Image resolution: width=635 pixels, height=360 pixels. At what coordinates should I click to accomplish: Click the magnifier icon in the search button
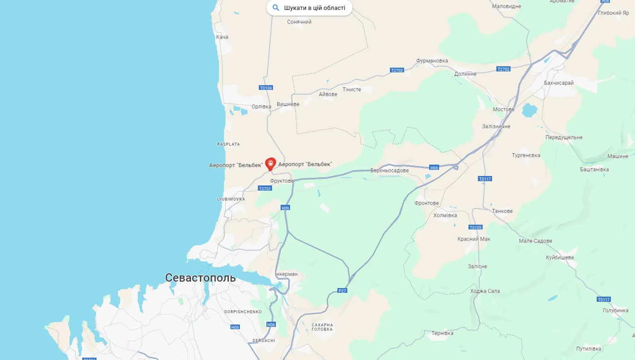click(x=276, y=8)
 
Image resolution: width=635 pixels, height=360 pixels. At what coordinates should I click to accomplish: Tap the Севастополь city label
click(x=200, y=278)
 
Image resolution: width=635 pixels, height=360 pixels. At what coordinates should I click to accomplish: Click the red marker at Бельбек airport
click(x=271, y=164)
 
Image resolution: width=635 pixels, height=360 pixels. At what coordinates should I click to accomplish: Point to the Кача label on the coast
click(x=222, y=37)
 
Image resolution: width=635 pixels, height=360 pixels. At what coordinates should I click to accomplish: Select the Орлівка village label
click(x=261, y=106)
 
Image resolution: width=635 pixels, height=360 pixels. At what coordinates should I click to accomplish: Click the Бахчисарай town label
click(x=558, y=83)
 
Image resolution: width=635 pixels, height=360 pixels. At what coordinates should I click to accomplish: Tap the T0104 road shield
click(x=266, y=88)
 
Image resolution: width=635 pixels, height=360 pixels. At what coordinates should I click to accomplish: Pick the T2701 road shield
click(x=265, y=188)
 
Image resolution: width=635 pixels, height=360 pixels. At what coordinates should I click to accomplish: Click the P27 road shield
click(x=343, y=290)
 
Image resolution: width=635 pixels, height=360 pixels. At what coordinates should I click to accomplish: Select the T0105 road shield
click(x=476, y=228)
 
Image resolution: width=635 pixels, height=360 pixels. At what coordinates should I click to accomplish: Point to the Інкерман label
click(x=286, y=274)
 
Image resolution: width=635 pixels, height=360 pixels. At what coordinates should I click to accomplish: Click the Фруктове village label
click(x=282, y=181)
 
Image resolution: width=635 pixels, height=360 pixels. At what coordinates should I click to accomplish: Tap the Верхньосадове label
click(x=389, y=170)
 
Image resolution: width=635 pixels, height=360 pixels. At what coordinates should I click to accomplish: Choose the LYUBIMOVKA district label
click(x=231, y=199)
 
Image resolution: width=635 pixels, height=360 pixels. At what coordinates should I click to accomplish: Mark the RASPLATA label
click(x=229, y=144)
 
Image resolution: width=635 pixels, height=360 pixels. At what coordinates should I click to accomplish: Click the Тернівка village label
click(x=442, y=333)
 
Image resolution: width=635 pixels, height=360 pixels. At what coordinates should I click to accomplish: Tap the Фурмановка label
click(x=432, y=61)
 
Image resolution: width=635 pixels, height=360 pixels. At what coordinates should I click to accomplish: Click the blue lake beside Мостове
click(x=529, y=111)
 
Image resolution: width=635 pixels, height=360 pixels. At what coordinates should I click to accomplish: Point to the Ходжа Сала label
click(x=485, y=291)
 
